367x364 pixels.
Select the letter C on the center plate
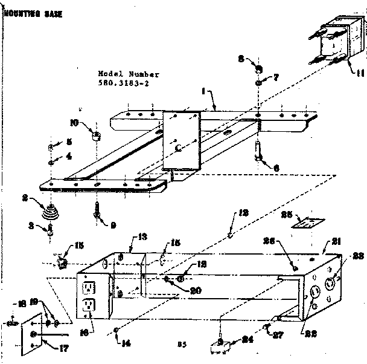click(177, 147)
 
